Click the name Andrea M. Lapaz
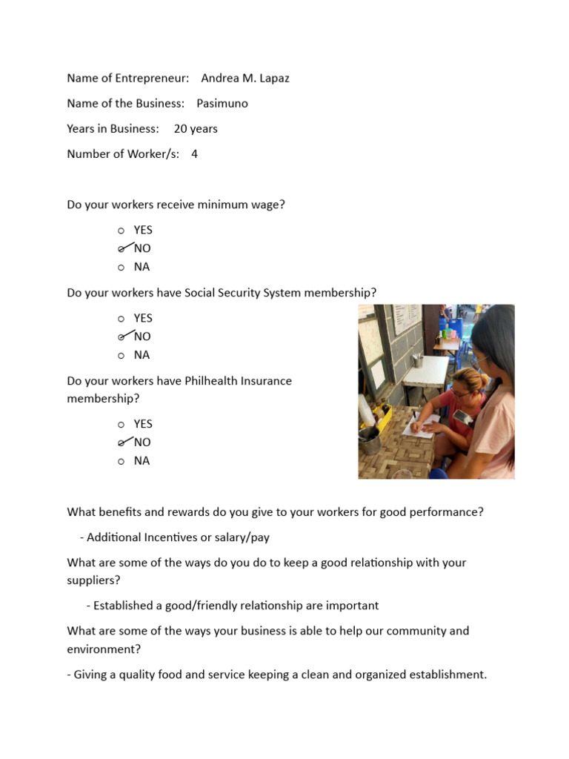coord(244,78)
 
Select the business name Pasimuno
coord(222,103)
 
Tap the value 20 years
coord(196,128)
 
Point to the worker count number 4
coord(194,154)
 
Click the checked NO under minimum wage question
coord(142,248)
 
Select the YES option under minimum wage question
coord(142,230)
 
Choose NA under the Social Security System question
coord(142,354)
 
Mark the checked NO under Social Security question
coord(142,337)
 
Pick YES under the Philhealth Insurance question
coord(142,424)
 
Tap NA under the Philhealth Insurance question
coord(142,460)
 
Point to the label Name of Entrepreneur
coord(127,78)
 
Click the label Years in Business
coord(113,128)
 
